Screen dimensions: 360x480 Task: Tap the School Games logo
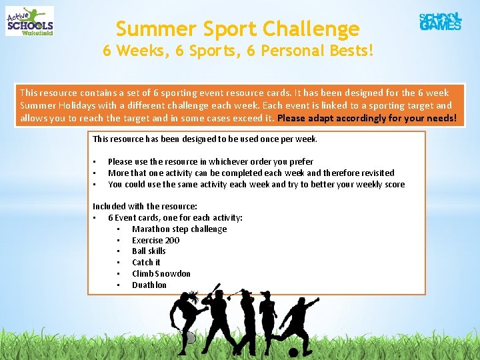440,21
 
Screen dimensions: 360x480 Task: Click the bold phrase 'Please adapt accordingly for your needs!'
367,118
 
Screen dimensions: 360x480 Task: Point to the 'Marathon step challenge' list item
179,229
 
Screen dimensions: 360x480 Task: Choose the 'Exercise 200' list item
155,240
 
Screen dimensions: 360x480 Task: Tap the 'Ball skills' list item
149,251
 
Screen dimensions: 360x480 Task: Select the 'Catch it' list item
146,262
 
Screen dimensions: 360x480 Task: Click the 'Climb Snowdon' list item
161,273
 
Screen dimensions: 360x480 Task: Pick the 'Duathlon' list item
149,285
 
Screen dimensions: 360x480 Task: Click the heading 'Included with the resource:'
145,207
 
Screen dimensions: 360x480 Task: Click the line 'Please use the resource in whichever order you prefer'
211,161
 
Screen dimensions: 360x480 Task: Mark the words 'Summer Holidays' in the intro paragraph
54,105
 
